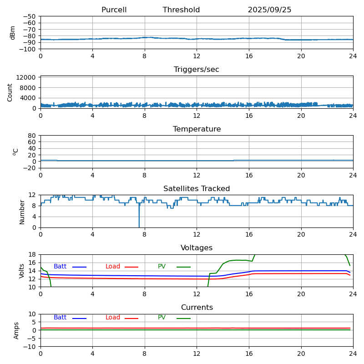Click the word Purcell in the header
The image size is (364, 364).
(x=114, y=10)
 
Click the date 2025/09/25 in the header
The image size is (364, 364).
(x=269, y=10)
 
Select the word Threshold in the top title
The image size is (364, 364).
(x=181, y=10)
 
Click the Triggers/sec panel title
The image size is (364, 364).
(x=197, y=70)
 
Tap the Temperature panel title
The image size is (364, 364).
(x=197, y=129)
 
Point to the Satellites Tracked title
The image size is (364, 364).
(x=197, y=189)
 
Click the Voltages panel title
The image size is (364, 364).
(x=197, y=248)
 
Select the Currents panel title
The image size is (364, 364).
(x=197, y=308)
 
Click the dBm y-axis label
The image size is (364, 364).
(x=13, y=33)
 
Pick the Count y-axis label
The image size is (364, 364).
(x=10, y=92)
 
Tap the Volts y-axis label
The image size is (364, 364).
(x=22, y=271)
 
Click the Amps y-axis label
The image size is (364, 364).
(x=16, y=330)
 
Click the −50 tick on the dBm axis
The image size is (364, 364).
(x=30, y=16)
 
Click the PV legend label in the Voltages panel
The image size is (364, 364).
(x=162, y=267)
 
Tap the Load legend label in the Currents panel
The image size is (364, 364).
(x=113, y=318)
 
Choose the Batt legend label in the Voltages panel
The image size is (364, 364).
(x=60, y=267)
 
